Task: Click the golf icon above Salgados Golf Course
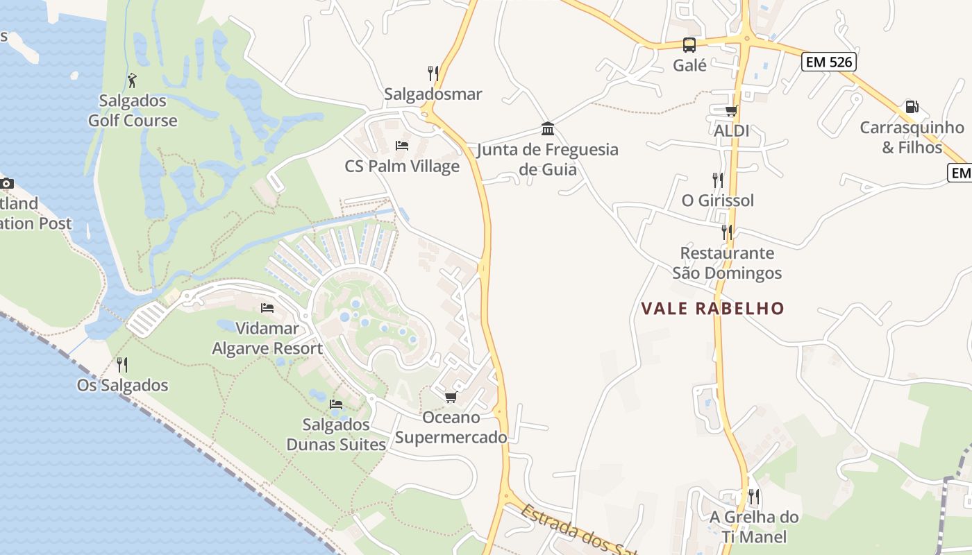tap(132, 80)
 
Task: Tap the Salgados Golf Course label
tap(132, 111)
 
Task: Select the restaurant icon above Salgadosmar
tap(433, 74)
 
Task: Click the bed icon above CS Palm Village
tap(401, 146)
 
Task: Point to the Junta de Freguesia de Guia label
tap(548, 159)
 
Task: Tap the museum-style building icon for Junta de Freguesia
tap(548, 129)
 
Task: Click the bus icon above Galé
tap(689, 45)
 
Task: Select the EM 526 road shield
tap(828, 62)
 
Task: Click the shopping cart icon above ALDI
tap(731, 110)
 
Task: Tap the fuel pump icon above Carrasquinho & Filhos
tap(912, 107)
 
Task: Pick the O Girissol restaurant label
tap(717, 200)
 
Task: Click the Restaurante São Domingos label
tap(727, 263)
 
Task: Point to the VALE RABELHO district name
tap(712, 309)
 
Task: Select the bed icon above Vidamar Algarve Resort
tap(267, 308)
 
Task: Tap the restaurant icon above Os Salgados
tap(122, 365)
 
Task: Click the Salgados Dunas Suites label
tap(336, 434)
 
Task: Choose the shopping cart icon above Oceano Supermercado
tap(451, 397)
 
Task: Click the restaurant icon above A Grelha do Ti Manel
tap(754, 497)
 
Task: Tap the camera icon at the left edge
tap(6, 183)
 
